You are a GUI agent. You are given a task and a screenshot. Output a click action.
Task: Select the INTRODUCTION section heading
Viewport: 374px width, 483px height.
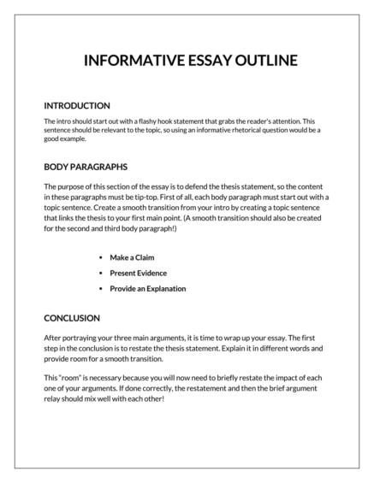(x=77, y=105)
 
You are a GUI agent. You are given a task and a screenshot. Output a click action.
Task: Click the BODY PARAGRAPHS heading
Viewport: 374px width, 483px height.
(x=86, y=167)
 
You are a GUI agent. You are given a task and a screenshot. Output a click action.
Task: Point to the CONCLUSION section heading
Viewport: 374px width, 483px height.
(x=73, y=317)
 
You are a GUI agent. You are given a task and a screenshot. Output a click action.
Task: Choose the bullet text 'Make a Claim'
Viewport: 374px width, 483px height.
(x=134, y=256)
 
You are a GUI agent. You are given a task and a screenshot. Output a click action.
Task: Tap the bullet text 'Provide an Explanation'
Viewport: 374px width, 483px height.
(x=148, y=288)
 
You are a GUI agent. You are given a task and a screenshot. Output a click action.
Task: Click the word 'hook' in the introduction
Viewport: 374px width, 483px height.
(x=170, y=121)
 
